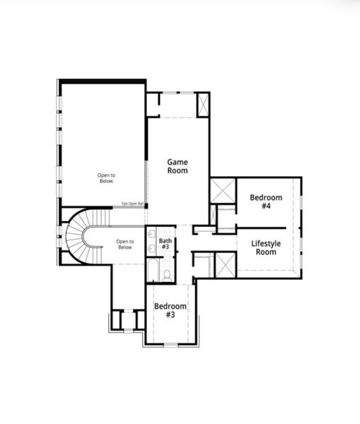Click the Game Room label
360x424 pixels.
[177, 166]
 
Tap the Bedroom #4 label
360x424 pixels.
[266, 201]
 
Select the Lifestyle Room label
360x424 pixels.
[265, 247]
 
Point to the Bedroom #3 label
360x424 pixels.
[170, 310]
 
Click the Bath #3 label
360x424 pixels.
[165, 245]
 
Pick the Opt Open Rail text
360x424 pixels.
[132, 204]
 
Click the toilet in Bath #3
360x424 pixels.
[167, 273]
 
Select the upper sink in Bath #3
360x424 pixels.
[152, 234]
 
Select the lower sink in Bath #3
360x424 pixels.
[152, 247]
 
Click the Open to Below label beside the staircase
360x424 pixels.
[124, 245]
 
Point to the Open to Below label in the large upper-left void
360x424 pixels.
[106, 178]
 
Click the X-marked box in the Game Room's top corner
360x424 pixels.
[202, 105]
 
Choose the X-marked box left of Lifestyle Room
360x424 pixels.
[224, 266]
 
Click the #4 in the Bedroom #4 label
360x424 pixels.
[266, 206]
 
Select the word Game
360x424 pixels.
[177, 161]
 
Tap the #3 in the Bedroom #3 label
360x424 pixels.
[170, 315]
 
